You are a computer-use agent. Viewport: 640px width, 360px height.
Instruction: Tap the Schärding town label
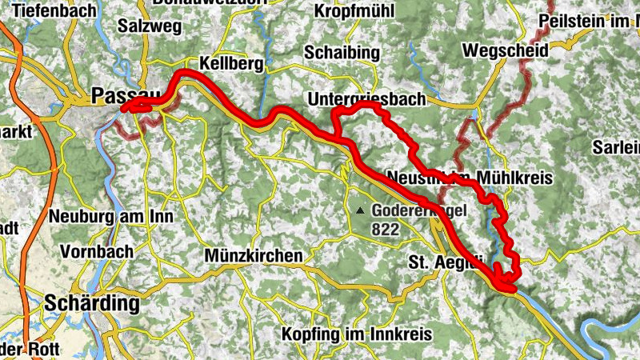click(93, 304)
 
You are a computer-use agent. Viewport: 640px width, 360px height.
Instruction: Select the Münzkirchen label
click(254, 255)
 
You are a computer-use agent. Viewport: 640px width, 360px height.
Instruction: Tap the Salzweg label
click(147, 25)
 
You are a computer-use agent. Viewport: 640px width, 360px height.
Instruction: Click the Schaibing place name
click(342, 51)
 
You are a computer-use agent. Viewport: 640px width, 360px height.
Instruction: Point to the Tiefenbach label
click(54, 12)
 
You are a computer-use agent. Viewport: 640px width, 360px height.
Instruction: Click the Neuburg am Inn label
click(111, 215)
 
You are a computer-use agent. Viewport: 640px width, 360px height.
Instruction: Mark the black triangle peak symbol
click(361, 211)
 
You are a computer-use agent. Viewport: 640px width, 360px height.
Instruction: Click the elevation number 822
click(384, 228)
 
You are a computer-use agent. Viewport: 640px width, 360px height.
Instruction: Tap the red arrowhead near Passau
click(127, 110)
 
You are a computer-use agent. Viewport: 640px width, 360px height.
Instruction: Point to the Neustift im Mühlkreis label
click(470, 177)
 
